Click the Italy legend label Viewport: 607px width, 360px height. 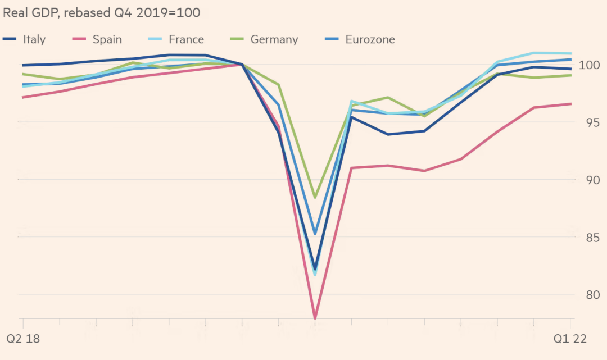click(34, 39)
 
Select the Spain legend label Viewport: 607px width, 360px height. click(107, 39)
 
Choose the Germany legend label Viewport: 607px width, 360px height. click(274, 39)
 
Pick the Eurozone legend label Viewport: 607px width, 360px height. click(370, 39)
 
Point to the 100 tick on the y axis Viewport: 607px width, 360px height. click(587, 65)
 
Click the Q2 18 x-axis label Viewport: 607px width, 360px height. click(24, 339)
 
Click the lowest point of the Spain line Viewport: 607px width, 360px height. click(315, 318)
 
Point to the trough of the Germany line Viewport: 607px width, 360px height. click(315, 198)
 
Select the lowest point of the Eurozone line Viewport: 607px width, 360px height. click(315, 234)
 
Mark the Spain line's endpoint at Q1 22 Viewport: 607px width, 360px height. click(570, 104)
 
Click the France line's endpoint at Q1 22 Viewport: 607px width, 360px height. click(570, 53)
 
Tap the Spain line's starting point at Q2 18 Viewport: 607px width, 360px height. click(23, 97)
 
